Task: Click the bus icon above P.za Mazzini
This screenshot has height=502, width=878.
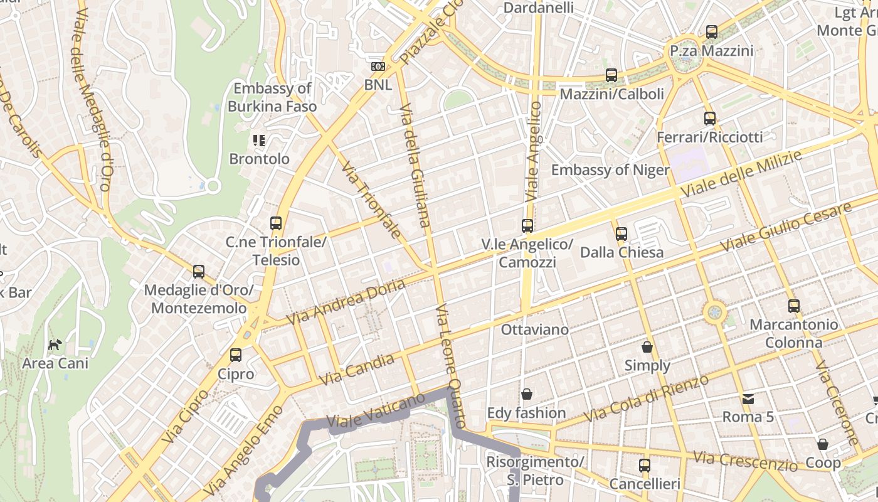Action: pos(711,32)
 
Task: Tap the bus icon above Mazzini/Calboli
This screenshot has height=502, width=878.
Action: pos(611,75)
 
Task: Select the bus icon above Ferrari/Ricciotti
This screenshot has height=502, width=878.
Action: pos(709,118)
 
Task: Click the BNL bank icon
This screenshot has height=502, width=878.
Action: pos(378,67)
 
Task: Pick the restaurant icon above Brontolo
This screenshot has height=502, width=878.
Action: pos(259,140)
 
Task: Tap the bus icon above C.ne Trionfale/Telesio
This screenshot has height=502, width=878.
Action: pos(276,223)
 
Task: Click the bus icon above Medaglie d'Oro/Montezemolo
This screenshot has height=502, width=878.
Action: pos(199,272)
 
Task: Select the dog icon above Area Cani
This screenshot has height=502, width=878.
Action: pos(55,344)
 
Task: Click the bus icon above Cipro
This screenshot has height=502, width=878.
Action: pos(236,355)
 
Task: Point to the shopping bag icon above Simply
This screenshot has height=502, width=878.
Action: pos(647,347)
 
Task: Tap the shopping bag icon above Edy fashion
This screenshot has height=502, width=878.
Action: pos(527,394)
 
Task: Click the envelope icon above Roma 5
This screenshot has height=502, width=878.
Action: pos(748,398)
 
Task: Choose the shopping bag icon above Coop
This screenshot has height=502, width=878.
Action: pos(823,444)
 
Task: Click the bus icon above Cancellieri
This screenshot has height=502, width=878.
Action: pos(644,466)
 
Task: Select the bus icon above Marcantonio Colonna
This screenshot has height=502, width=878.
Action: pos(794,306)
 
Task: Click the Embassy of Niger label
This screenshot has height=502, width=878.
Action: pos(610,170)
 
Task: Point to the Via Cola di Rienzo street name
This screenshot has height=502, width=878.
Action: pos(646,398)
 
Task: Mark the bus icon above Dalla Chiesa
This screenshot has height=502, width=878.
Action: pos(621,234)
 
